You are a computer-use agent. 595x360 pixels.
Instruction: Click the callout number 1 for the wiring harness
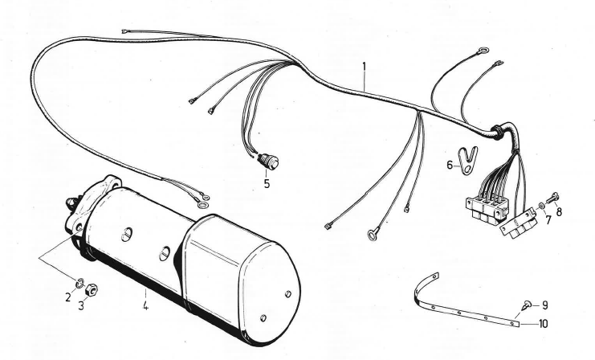pyautogui.click(x=365, y=67)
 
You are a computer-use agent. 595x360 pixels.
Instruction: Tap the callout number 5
pyautogui.click(x=267, y=184)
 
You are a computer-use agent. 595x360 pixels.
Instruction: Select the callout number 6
pyautogui.click(x=450, y=166)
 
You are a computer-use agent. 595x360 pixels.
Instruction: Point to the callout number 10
pyautogui.click(x=543, y=324)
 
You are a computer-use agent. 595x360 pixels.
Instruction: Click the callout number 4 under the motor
pyautogui.click(x=145, y=305)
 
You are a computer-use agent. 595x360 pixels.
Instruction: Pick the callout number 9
pyautogui.click(x=545, y=305)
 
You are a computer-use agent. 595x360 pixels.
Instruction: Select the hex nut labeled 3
pyautogui.click(x=92, y=291)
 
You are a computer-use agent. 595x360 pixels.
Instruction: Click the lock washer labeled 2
pyautogui.click(x=79, y=283)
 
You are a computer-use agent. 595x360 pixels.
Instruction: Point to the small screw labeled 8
pyautogui.click(x=552, y=198)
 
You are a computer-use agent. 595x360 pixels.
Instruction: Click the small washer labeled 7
pyautogui.click(x=541, y=207)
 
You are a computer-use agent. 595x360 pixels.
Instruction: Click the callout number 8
pyautogui.click(x=559, y=211)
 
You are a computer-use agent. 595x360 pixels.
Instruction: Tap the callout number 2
pyautogui.click(x=68, y=297)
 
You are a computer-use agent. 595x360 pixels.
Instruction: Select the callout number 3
pyautogui.click(x=81, y=305)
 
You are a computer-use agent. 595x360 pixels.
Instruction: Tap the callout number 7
pyautogui.click(x=548, y=220)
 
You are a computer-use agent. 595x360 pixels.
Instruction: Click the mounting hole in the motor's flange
pyautogui.click(x=79, y=227)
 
